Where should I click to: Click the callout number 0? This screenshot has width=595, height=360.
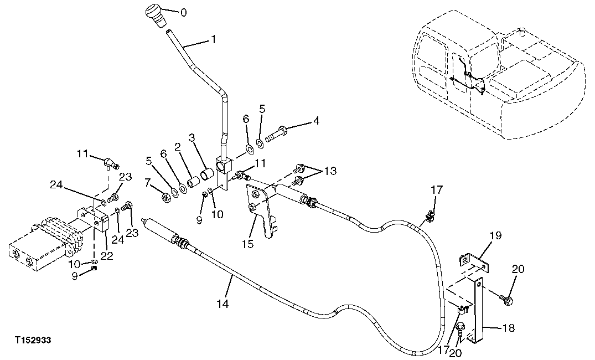(x=184, y=12)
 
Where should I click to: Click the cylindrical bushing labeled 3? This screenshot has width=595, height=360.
(x=208, y=176)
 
